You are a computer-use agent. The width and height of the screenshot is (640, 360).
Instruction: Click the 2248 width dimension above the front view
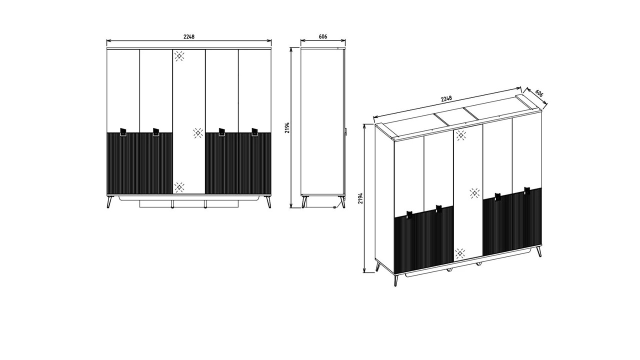click(x=189, y=36)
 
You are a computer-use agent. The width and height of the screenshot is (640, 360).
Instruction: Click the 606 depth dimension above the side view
click(x=323, y=36)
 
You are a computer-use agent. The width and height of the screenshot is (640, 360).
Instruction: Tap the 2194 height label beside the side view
click(x=287, y=127)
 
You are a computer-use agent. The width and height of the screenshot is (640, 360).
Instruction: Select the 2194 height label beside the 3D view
click(x=360, y=198)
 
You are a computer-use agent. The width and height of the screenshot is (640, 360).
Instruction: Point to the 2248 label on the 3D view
click(x=446, y=98)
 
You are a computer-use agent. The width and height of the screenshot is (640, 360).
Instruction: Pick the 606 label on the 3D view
click(x=539, y=93)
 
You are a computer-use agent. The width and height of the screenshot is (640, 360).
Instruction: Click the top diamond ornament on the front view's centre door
click(x=179, y=56)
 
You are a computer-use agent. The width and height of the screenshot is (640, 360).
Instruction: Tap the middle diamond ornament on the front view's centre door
click(x=197, y=133)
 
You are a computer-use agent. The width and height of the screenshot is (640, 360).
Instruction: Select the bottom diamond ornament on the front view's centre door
click(x=179, y=187)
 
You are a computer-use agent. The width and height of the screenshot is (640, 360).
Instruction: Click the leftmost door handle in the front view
click(x=123, y=132)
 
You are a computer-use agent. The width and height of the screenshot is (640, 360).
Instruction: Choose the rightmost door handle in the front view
click(x=254, y=132)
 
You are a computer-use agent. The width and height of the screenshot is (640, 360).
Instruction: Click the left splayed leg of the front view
click(x=109, y=201)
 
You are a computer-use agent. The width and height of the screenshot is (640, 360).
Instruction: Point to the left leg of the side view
click(x=304, y=201)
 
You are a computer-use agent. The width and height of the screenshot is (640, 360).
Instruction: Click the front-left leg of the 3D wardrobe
click(x=396, y=280)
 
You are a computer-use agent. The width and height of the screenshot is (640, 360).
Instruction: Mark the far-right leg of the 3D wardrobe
click(x=539, y=251)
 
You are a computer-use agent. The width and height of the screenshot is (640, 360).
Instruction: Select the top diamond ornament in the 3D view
click(x=461, y=135)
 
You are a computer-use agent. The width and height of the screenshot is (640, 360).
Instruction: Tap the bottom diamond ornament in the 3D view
click(x=459, y=253)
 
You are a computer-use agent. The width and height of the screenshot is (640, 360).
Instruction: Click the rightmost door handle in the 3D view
click(x=527, y=191)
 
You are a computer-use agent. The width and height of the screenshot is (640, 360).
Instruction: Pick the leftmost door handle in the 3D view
click(x=409, y=215)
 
